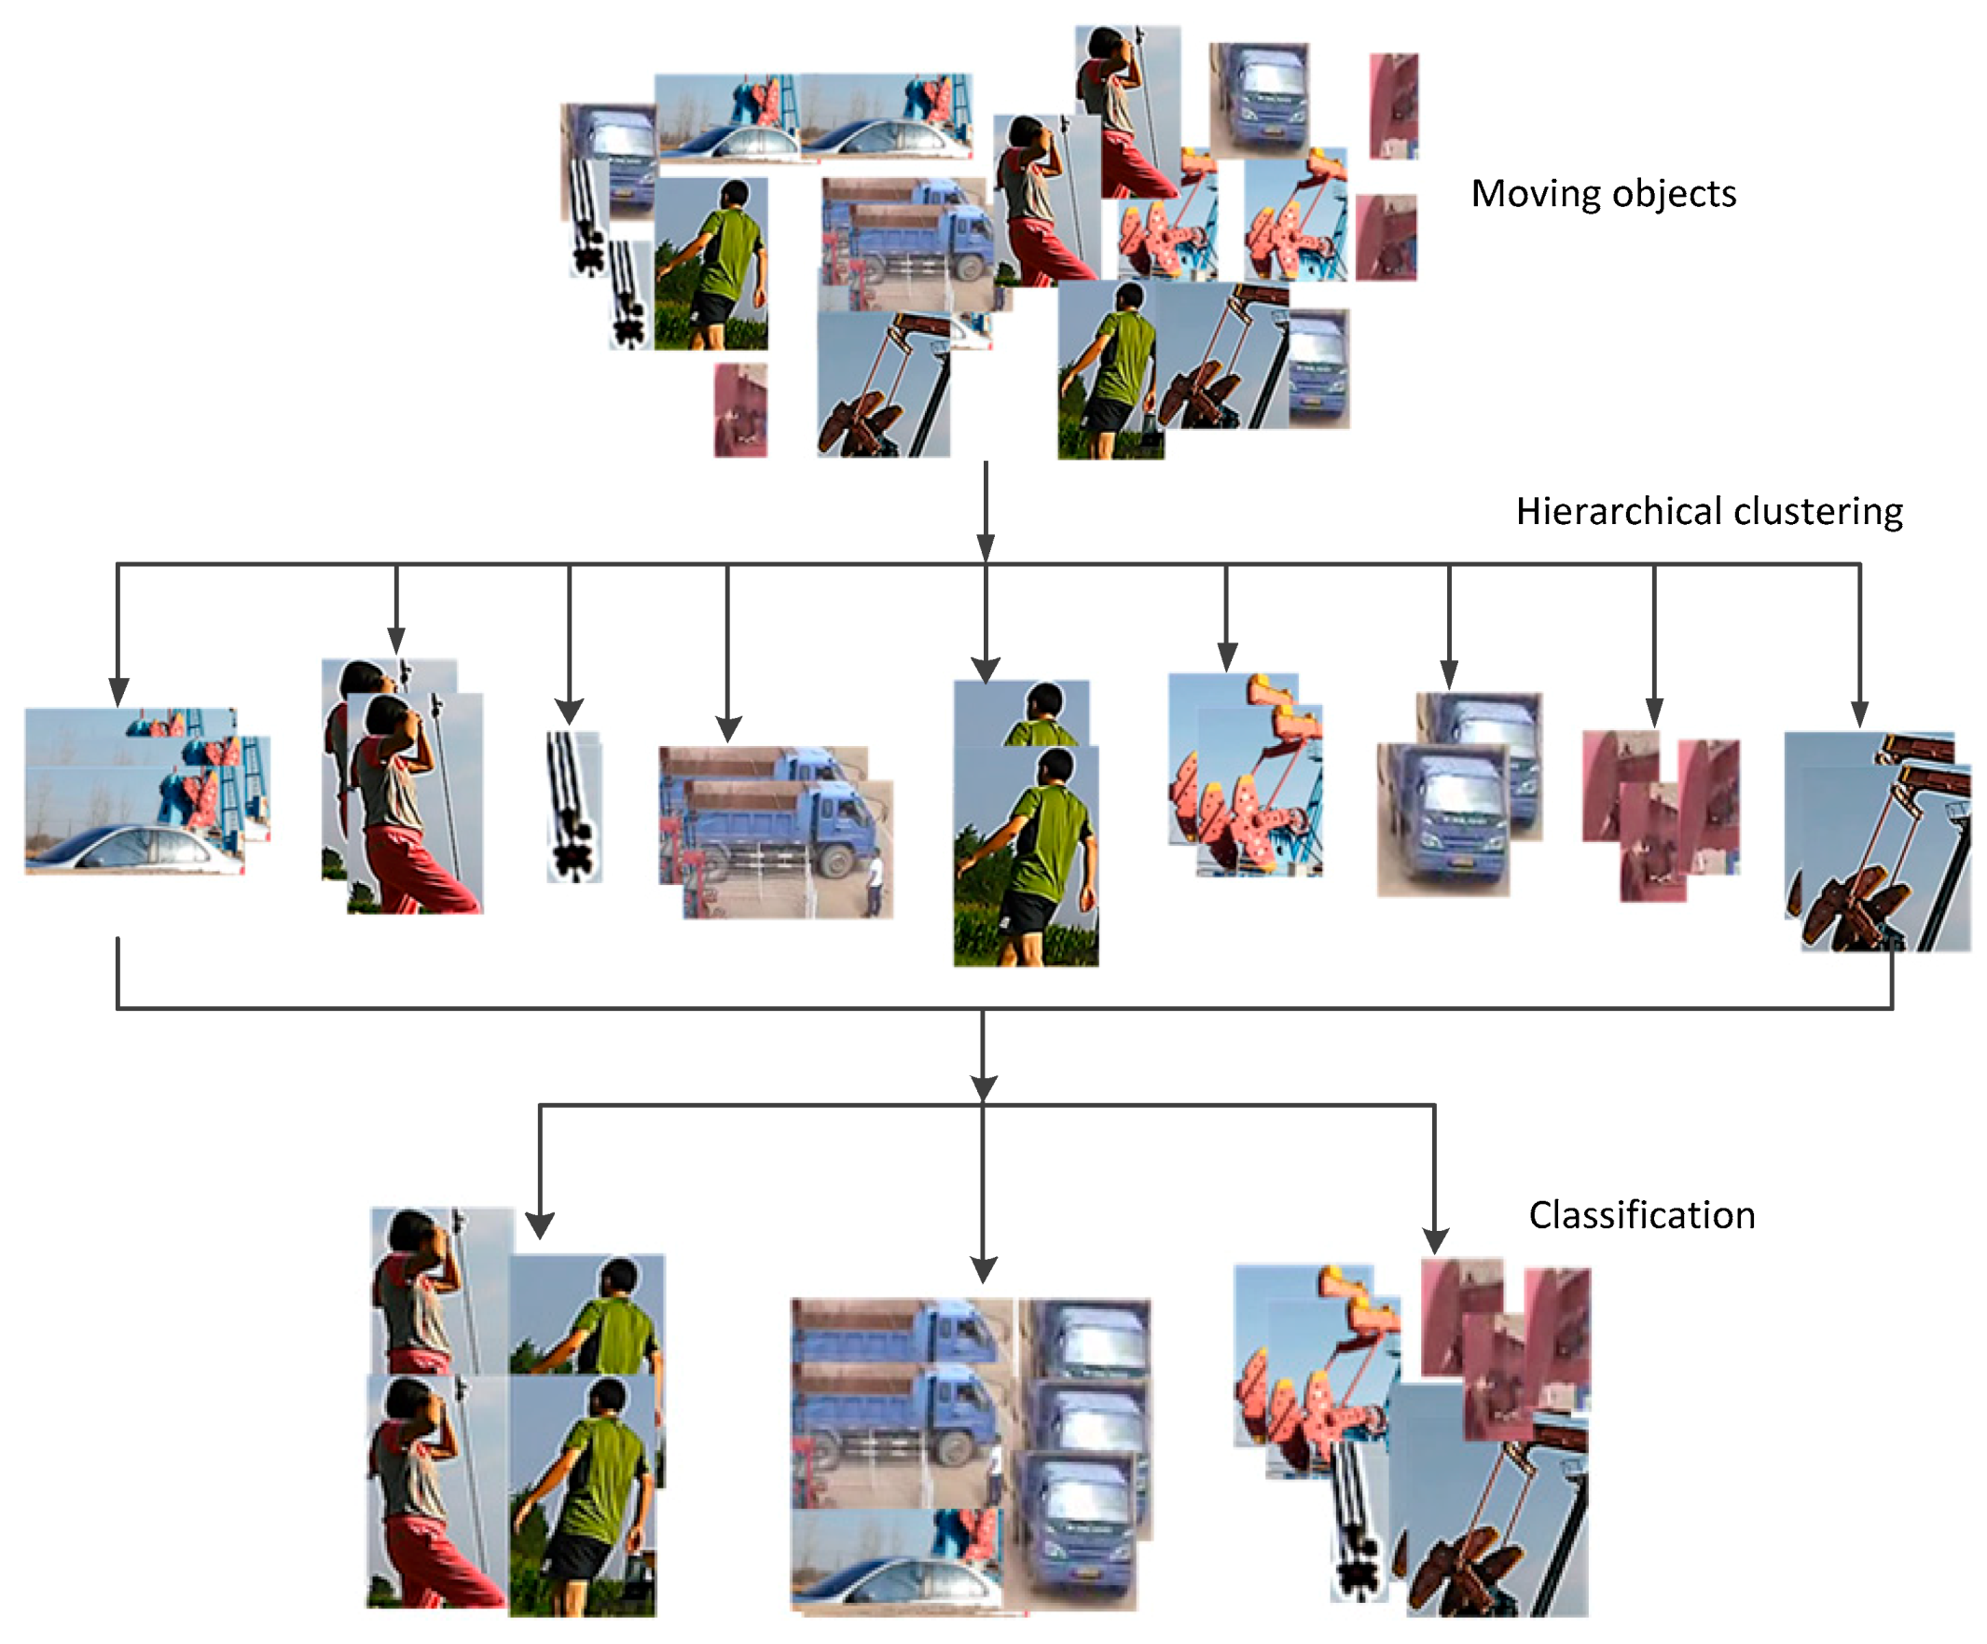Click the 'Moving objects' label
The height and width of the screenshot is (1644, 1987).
tap(1603, 194)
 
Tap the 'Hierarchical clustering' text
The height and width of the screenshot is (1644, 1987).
tap(1709, 511)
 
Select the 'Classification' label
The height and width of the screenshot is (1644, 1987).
tap(1642, 1215)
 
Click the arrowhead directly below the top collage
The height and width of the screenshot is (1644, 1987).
tap(985, 547)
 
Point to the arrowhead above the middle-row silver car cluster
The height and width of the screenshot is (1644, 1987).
tap(118, 692)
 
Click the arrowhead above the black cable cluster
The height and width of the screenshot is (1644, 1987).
tap(569, 711)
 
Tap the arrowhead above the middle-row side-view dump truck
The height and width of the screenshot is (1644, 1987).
tap(727, 728)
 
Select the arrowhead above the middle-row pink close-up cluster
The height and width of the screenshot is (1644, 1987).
tap(1654, 711)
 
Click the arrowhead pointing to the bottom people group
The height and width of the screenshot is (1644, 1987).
tap(539, 1225)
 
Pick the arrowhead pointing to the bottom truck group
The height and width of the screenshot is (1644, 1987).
tap(984, 1269)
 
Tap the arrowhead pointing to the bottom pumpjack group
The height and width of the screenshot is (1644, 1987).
tap(1435, 1241)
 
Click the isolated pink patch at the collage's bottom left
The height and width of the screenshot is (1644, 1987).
tap(740, 410)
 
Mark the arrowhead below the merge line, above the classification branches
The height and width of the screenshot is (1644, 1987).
tap(984, 1087)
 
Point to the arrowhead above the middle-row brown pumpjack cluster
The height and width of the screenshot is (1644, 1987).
tap(1859, 713)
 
